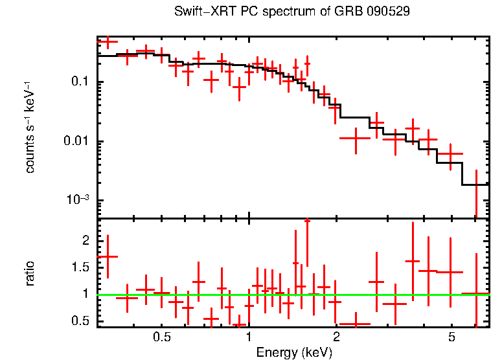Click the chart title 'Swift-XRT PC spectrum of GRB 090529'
click(292, 12)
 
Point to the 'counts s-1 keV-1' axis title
click(30, 126)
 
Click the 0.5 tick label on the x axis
click(162, 337)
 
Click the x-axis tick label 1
click(249, 337)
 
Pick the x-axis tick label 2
click(336, 337)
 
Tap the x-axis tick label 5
click(452, 337)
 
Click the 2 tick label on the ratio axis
click(86, 240)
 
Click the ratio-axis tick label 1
click(86, 294)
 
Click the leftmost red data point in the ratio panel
click(107, 256)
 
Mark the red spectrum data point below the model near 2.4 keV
click(356, 138)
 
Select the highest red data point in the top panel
click(107, 41)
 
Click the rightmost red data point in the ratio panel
click(476, 294)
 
